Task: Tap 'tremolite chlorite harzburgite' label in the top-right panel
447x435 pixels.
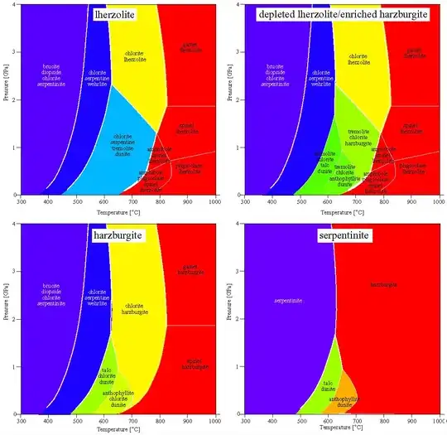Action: (356, 134)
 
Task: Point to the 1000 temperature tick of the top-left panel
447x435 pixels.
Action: (214, 201)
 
